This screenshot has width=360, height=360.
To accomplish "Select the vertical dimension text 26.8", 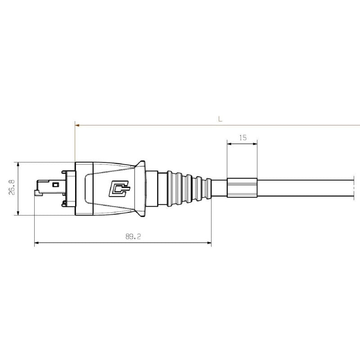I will click(12, 188).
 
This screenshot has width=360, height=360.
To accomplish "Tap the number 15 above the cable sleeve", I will click(243, 138).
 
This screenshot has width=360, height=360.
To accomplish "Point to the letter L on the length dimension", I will click(220, 119).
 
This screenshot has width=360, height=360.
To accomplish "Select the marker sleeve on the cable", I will click(242, 189).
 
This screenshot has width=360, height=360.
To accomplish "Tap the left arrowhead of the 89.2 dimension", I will click(37, 243).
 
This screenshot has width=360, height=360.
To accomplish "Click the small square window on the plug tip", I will click(56, 184).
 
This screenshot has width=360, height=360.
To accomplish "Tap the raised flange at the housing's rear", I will click(142, 189).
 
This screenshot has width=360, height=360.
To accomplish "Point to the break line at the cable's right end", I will click(354, 189).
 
